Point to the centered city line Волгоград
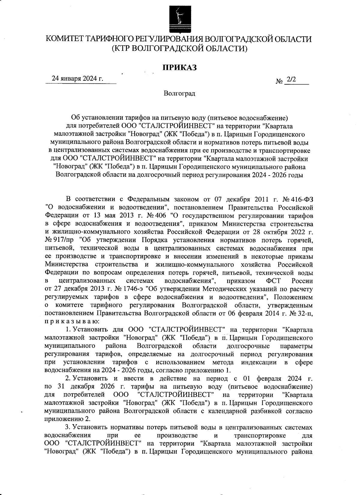pos(180,94)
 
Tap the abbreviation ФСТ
pos(272,281)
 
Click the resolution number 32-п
pos(306,313)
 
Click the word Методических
pos(223,289)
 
